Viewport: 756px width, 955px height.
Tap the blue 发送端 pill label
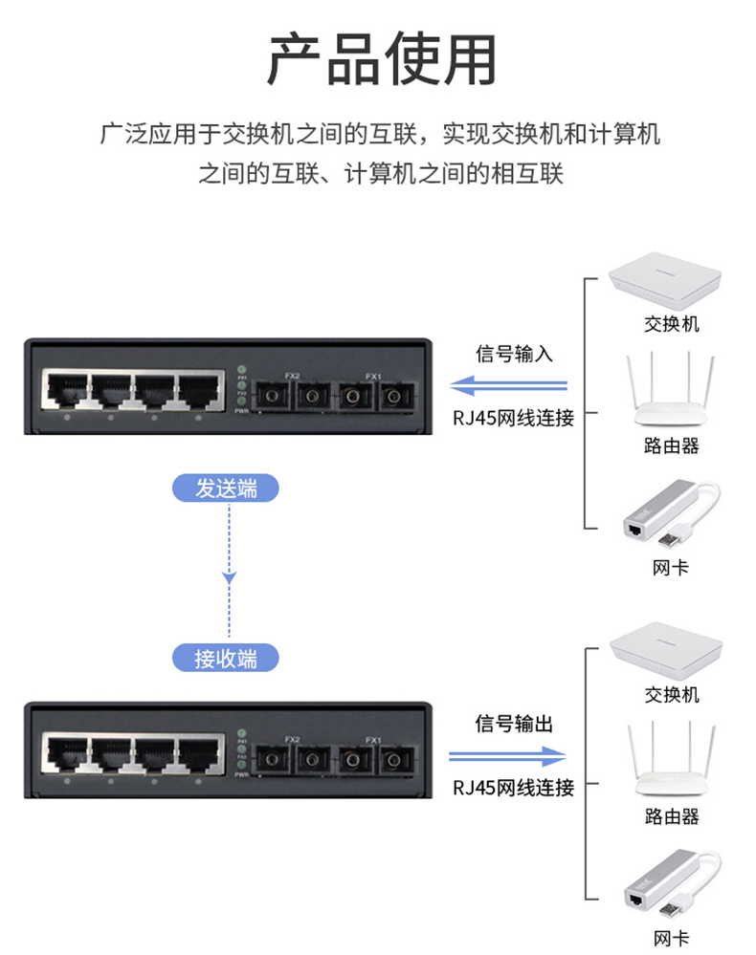pyautogui.click(x=227, y=488)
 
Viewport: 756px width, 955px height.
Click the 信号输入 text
pyautogui.click(x=514, y=354)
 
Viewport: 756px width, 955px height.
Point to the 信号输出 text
pyautogui.click(x=514, y=724)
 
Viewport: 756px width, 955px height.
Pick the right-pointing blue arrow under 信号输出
pyautogui.click(x=508, y=756)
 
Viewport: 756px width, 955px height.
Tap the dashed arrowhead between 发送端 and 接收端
pyautogui.click(x=229, y=577)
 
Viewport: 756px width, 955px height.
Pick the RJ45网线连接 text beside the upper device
pyautogui.click(x=514, y=418)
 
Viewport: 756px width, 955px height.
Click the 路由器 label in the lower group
pyautogui.click(x=671, y=816)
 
